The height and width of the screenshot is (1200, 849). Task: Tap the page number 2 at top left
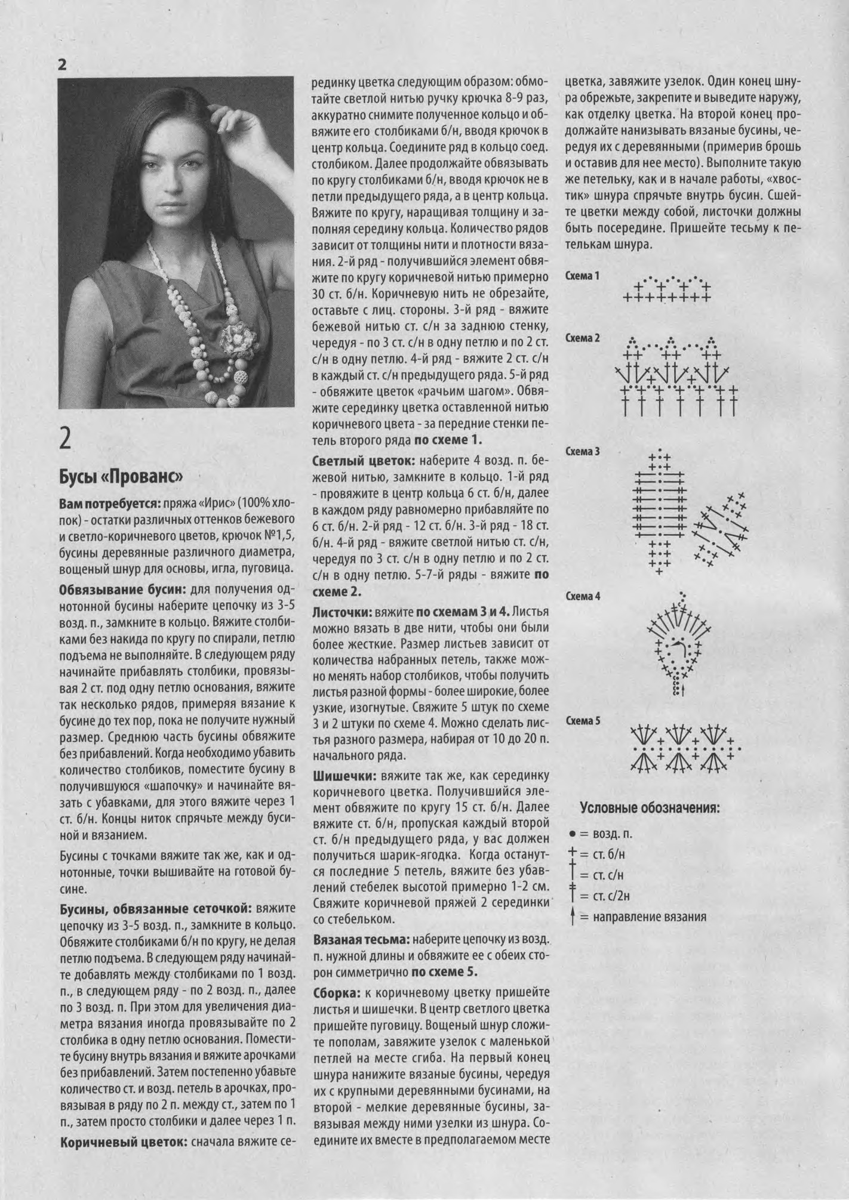(x=62, y=64)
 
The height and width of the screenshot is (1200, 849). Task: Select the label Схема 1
(x=582, y=276)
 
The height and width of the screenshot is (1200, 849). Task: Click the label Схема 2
(x=582, y=338)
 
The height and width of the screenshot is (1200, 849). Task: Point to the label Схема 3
(x=582, y=451)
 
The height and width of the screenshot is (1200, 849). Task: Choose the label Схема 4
(x=582, y=596)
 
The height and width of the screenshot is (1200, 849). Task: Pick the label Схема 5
(x=582, y=720)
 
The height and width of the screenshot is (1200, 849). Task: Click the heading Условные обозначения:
(x=650, y=809)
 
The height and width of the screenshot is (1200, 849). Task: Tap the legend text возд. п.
(x=613, y=833)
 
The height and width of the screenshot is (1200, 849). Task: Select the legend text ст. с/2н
(x=611, y=895)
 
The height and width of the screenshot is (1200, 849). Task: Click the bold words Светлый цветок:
(x=364, y=461)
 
